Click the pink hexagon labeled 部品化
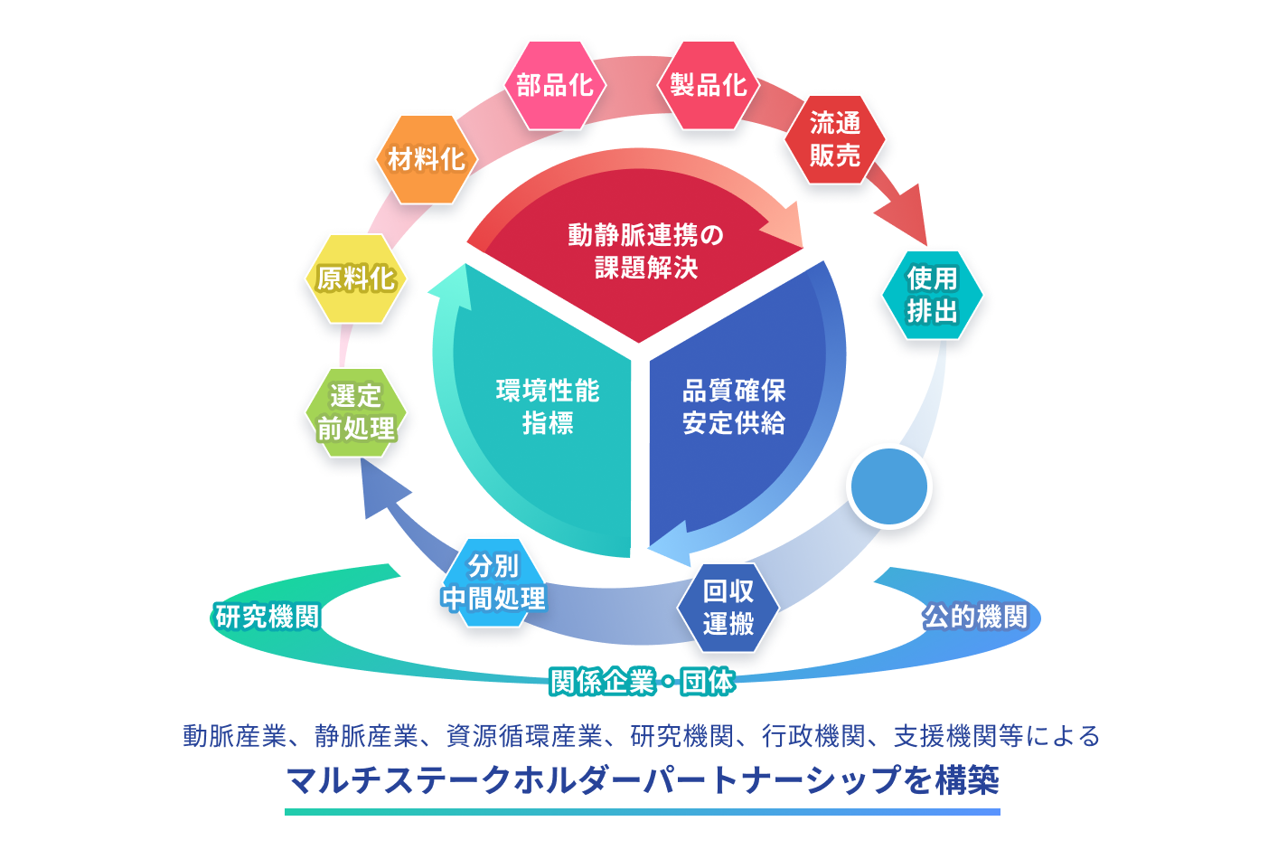click(554, 85)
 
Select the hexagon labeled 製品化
click(709, 85)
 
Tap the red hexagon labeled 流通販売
click(834, 139)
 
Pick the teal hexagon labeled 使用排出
click(932, 295)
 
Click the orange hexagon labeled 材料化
click(426, 160)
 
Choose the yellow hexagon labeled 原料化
click(355, 278)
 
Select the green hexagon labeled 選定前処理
click(355, 412)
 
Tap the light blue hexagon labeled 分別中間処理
click(493, 582)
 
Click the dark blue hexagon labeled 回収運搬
click(728, 608)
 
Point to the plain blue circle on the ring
click(889, 486)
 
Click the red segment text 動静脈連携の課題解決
click(645, 251)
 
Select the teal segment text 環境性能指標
click(548, 407)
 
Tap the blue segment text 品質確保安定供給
click(734, 407)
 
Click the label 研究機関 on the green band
click(268, 617)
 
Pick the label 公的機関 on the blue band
click(974, 617)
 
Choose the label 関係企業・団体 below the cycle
click(642, 681)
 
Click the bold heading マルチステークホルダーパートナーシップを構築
click(643, 779)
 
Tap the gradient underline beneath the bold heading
click(643, 812)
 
